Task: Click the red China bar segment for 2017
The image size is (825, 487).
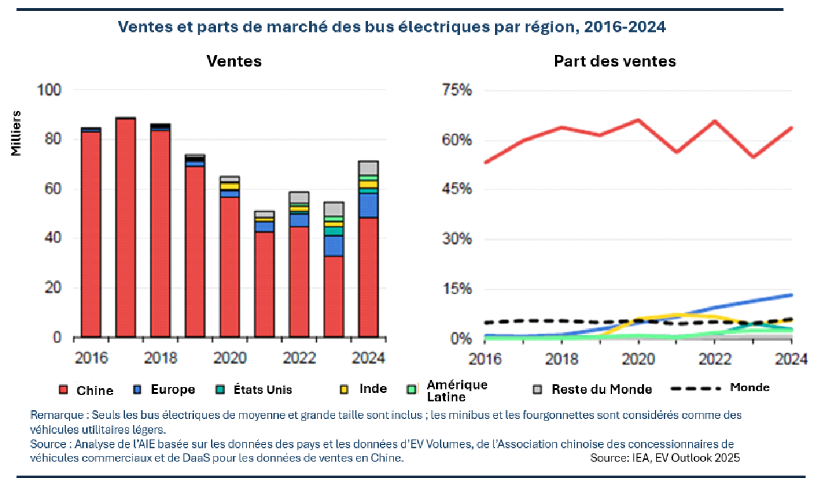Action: coord(125,228)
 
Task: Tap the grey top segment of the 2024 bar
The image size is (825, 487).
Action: coord(368,168)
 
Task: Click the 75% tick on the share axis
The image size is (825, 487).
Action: coord(457,90)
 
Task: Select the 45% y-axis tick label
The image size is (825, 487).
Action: coord(457,190)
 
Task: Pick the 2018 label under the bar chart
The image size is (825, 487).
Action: coord(160,358)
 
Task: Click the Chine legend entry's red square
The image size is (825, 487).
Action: coord(63,390)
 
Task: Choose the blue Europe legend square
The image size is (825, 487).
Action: coord(137,389)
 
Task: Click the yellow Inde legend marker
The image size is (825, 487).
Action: coord(345,389)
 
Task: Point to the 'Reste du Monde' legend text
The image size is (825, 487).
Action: coord(601,389)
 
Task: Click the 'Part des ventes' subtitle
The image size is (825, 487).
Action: coord(615,61)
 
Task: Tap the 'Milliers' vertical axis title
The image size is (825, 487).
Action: coord(16,133)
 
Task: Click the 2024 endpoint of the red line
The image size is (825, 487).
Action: coord(791,128)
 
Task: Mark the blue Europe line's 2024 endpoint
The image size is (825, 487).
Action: coord(791,295)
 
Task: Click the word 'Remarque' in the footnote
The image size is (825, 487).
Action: coord(56,415)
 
